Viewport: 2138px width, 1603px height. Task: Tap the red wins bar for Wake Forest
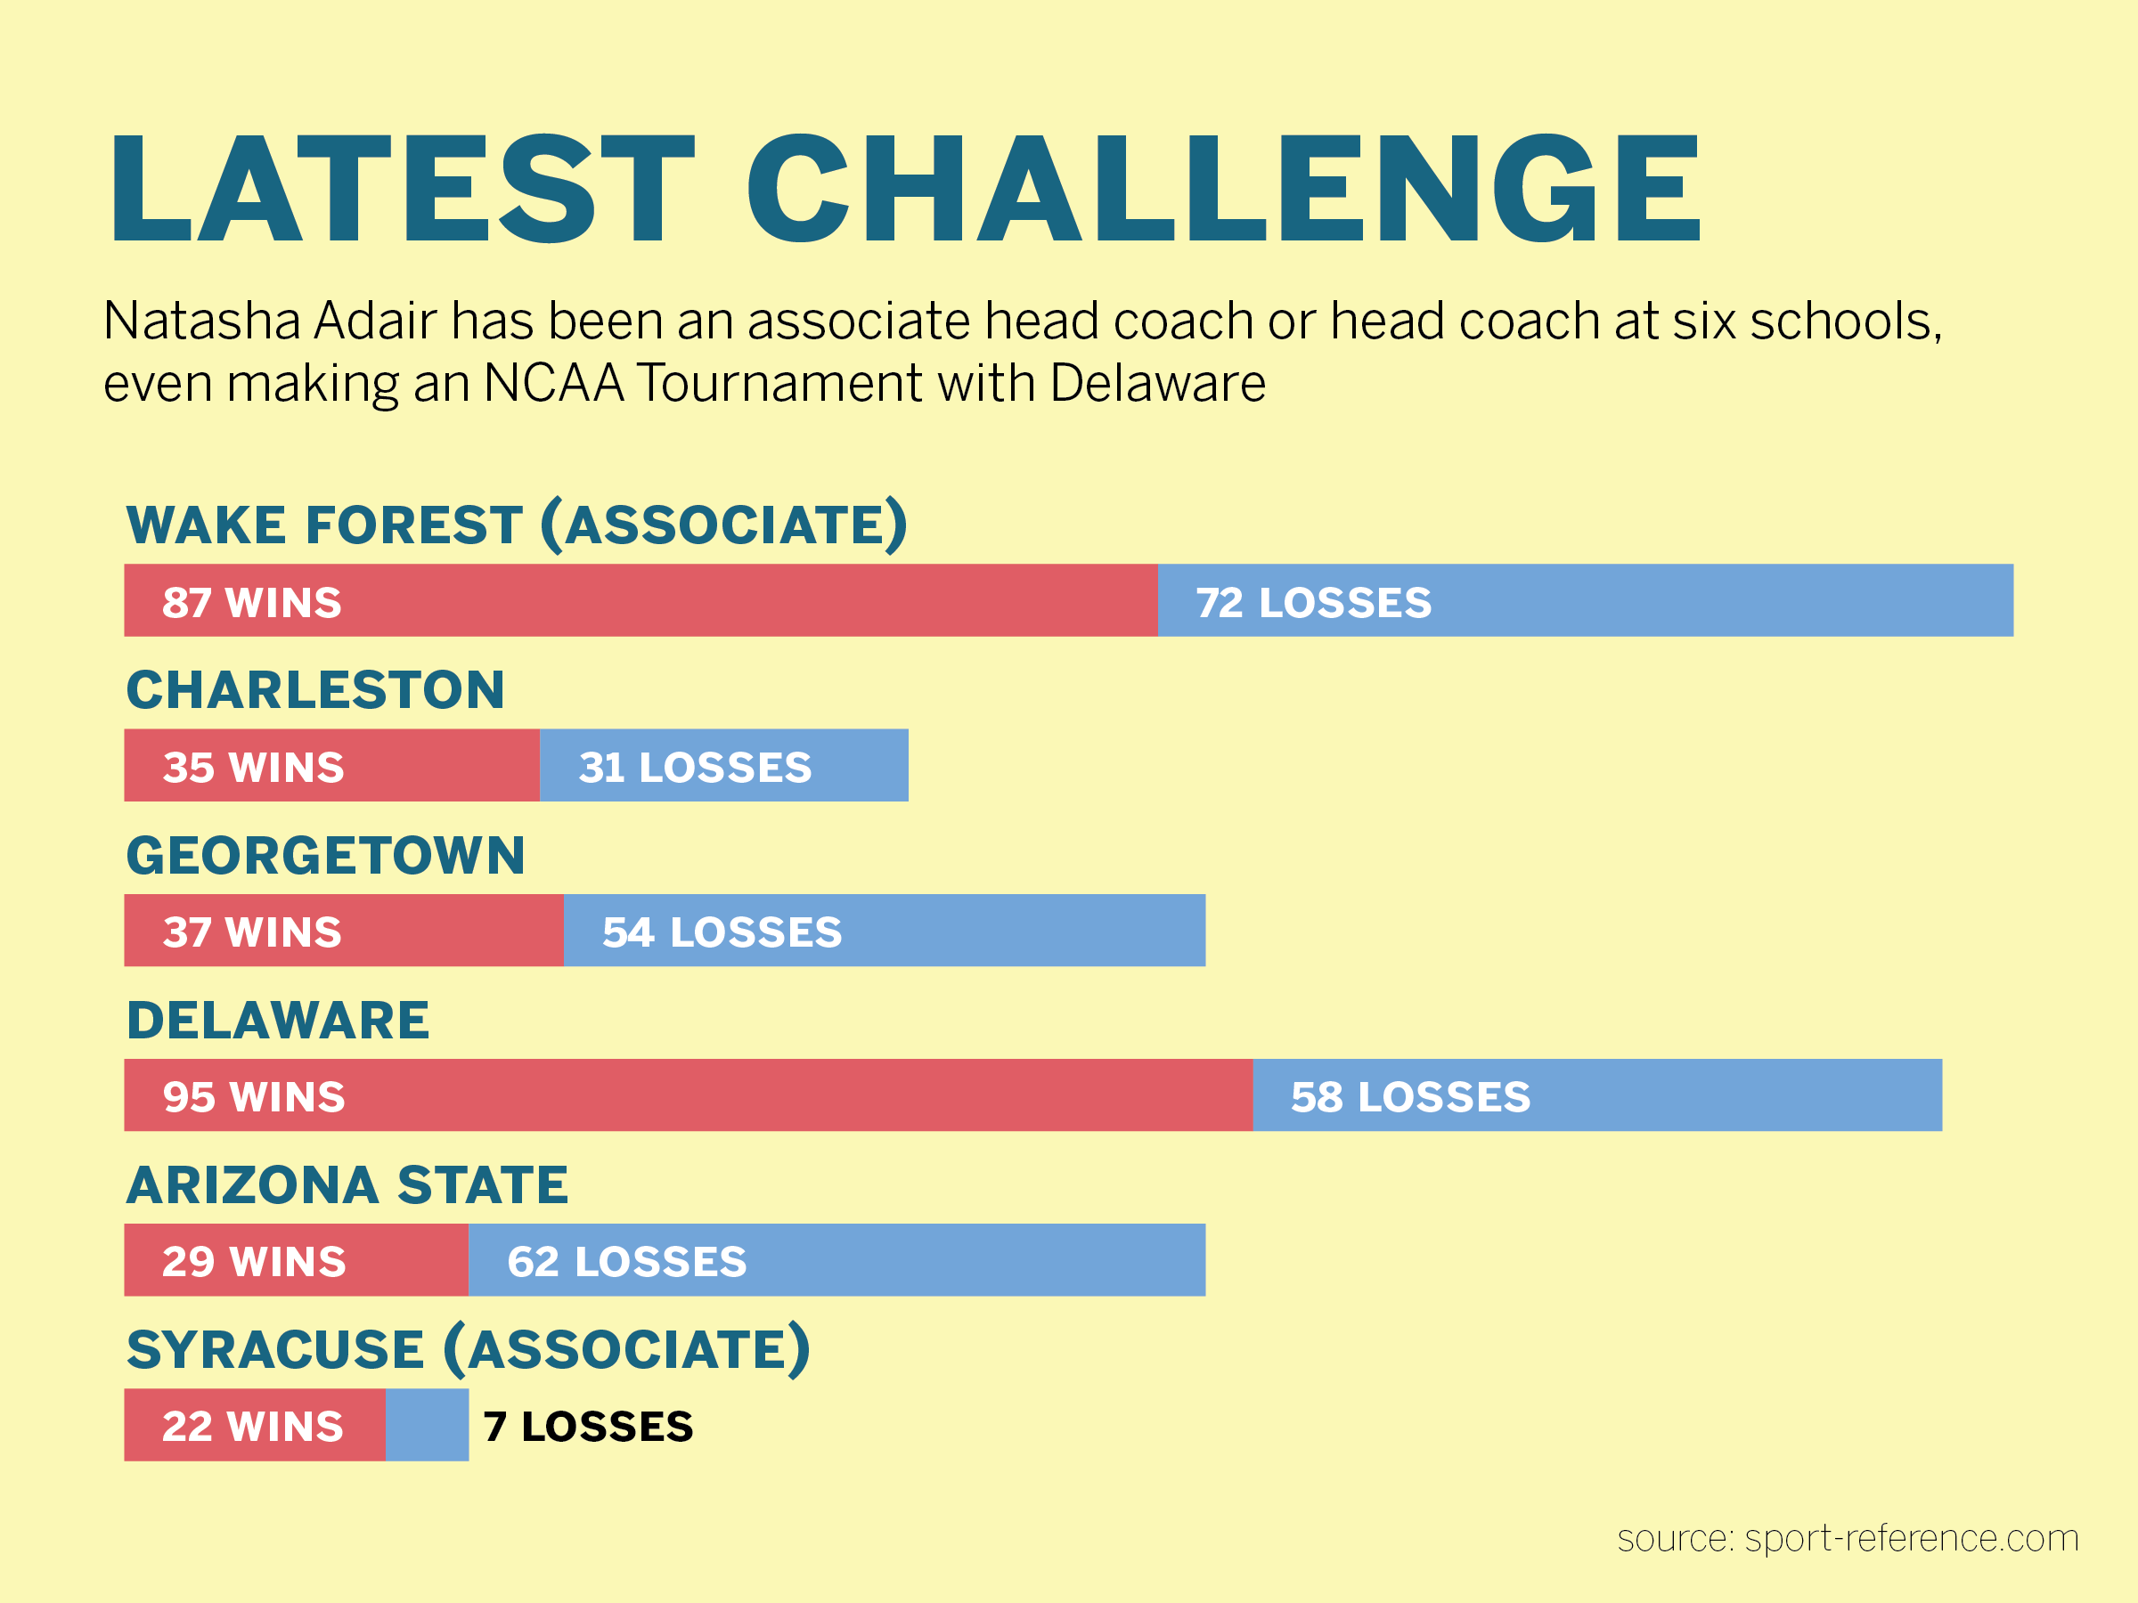[x=641, y=600]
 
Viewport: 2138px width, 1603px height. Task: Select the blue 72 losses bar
[x=1585, y=600]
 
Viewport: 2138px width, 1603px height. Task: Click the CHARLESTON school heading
[x=315, y=690]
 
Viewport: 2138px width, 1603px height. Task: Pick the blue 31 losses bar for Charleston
[x=724, y=765]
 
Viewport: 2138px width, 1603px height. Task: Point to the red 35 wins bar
[x=332, y=765]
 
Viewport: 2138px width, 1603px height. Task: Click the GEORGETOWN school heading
[x=326, y=855]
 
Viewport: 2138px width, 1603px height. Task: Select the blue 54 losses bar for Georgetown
[x=885, y=931]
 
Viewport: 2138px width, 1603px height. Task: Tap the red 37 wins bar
[x=344, y=931]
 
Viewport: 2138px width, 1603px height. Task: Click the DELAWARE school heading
[x=277, y=1021]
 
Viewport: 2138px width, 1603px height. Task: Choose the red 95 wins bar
[x=690, y=1094]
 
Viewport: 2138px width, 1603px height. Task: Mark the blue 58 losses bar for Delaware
[x=1597, y=1094]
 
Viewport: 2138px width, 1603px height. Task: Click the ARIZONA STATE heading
[x=347, y=1184]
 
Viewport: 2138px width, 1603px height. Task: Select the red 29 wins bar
[x=297, y=1260]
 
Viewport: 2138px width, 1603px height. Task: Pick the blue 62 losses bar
[x=837, y=1260]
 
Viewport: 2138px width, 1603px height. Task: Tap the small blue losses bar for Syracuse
[x=428, y=1425]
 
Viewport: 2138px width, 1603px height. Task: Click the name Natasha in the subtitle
[x=203, y=321]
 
